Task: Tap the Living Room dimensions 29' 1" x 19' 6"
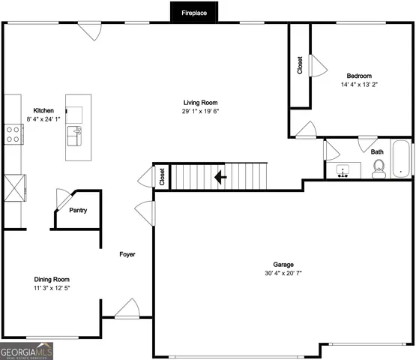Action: click(x=201, y=111)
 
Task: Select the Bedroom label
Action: click(x=358, y=76)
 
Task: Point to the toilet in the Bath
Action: click(x=379, y=168)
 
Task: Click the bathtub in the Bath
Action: click(x=403, y=158)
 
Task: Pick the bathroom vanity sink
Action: click(x=344, y=170)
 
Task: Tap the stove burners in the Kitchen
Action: click(x=13, y=133)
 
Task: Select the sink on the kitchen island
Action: click(x=75, y=136)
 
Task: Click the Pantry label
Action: click(x=78, y=211)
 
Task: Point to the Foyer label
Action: click(x=127, y=255)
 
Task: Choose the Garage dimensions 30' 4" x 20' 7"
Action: click(x=283, y=273)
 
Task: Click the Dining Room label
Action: click(x=52, y=279)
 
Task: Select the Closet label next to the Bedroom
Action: click(x=300, y=65)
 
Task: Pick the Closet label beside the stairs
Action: click(x=162, y=176)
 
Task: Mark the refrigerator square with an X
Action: click(x=14, y=185)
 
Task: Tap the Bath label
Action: click(x=377, y=152)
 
